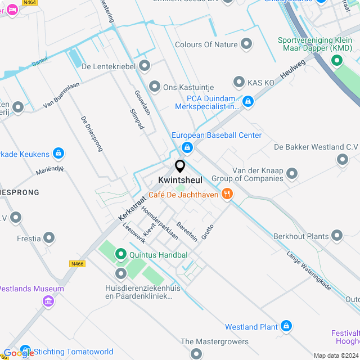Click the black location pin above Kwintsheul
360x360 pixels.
coord(180,166)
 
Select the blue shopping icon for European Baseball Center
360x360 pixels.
coord(187,148)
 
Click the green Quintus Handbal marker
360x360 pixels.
coord(121,255)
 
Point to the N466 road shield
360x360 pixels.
coord(78,264)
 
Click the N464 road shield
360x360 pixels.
coord(30,3)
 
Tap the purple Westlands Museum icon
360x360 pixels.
coord(48,301)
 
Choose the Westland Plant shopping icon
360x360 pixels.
coord(286,326)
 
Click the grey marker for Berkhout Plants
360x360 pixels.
coord(337,236)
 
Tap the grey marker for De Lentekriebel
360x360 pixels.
coord(145,66)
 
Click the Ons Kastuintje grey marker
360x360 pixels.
coord(155,87)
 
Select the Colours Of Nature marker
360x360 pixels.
coord(246,44)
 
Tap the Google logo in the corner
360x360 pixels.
coord(19,353)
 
